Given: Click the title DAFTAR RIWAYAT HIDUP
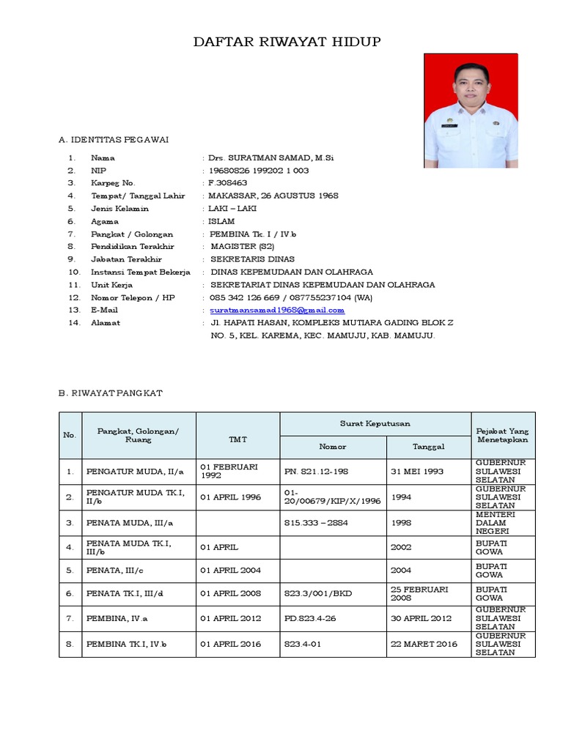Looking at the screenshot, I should pyautogui.click(x=287, y=42).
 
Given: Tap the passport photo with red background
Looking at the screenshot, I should pyautogui.click(x=471, y=111).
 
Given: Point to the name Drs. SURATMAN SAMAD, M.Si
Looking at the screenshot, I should pyautogui.click(x=271, y=157).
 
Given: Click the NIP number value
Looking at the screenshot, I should pyautogui.click(x=258, y=171).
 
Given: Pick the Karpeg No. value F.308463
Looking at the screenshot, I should pyautogui.click(x=228, y=183).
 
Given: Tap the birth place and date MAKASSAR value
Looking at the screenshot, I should pyautogui.click(x=273, y=196).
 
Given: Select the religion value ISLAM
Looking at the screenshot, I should pyautogui.click(x=221, y=221).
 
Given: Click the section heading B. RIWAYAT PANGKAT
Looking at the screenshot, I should pyautogui.click(x=110, y=393).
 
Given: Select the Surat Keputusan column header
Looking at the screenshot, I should pyautogui.click(x=375, y=423).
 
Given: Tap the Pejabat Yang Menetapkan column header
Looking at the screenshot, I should pyautogui.click(x=503, y=435).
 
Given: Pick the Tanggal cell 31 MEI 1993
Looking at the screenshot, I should pyautogui.click(x=417, y=471).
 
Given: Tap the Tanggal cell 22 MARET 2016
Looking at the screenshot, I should pyautogui.click(x=424, y=644).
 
